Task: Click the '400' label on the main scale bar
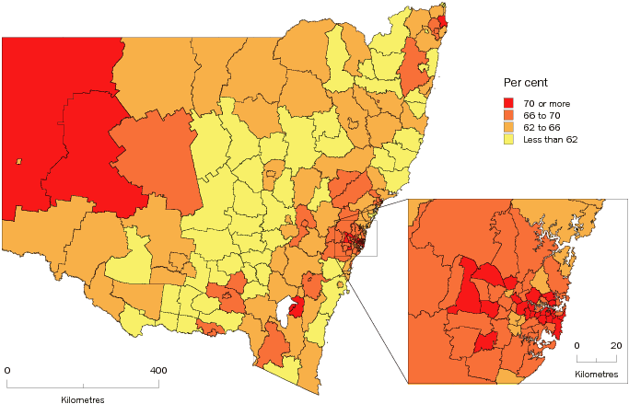click(x=158, y=370)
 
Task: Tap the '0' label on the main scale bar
click(x=7, y=370)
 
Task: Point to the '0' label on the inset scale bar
click(x=577, y=345)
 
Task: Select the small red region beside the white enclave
click(x=297, y=307)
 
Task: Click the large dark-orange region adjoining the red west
click(x=161, y=166)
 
